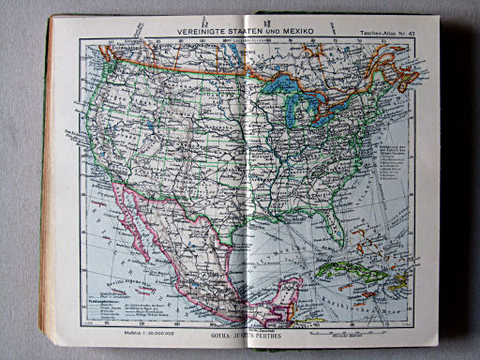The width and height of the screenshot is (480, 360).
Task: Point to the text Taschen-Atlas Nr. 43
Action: (386, 35)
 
